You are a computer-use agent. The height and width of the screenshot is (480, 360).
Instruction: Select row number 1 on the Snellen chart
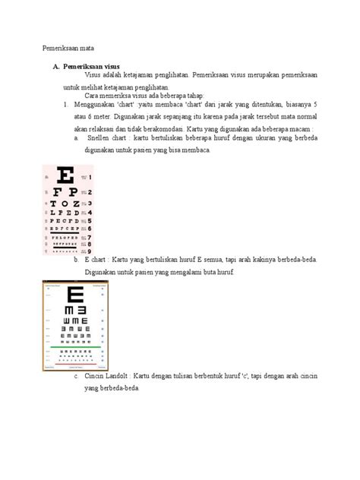(x=90, y=177)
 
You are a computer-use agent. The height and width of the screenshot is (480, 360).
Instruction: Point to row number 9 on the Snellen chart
(x=90, y=251)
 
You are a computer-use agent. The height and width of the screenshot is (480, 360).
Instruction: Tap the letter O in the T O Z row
(x=66, y=204)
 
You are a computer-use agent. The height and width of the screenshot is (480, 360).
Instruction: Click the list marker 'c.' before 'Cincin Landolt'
(x=77, y=377)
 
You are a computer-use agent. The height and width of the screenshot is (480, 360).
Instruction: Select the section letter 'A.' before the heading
(x=55, y=67)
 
